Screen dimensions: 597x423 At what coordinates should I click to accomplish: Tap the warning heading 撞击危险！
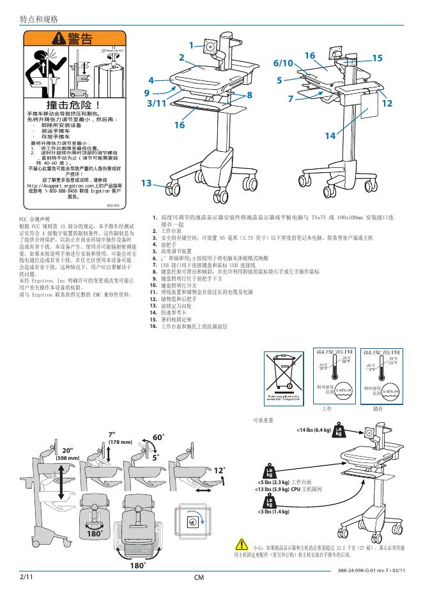coord(74,103)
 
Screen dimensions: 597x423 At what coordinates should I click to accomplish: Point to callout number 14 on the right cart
coord(330,135)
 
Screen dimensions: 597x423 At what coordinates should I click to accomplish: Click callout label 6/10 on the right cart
coord(282,63)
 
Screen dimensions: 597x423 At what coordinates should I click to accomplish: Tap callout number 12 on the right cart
coord(386,103)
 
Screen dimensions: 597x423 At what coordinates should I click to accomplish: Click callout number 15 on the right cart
coord(376,58)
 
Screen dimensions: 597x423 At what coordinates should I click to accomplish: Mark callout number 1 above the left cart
coord(191,45)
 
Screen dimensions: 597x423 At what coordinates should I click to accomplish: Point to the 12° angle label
coord(219,471)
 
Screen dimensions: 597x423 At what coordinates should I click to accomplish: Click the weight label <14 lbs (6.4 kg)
coord(314,431)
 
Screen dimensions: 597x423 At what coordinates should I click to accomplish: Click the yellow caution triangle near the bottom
coord(242,544)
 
